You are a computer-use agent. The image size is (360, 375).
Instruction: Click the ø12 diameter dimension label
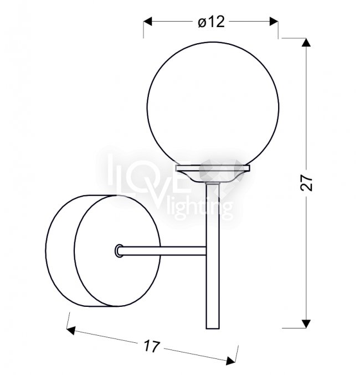click(x=211, y=22)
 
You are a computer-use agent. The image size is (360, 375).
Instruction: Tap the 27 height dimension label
click(x=306, y=183)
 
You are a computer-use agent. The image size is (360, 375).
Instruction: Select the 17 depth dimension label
click(x=151, y=346)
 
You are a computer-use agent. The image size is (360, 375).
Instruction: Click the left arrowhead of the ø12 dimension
click(x=147, y=21)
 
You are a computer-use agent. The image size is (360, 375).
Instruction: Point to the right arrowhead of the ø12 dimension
click(x=274, y=21)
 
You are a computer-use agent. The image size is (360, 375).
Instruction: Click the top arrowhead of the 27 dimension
click(x=306, y=42)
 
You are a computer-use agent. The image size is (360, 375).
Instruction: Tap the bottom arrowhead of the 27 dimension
click(x=306, y=323)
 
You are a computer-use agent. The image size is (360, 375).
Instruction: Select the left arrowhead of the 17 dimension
click(x=71, y=331)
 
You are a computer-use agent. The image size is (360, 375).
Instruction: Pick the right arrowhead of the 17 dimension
click(x=230, y=361)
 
